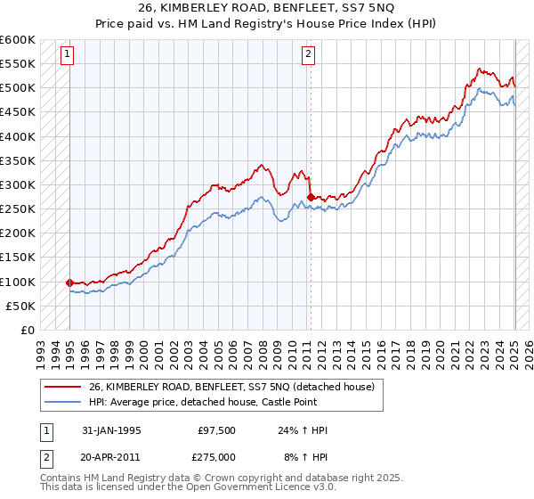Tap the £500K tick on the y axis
[18, 88]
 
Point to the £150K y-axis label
[18, 258]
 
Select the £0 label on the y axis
[28, 331]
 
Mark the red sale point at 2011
[310, 197]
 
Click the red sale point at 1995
[69, 282]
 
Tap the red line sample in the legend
[63, 387]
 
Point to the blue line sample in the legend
[63, 402]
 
